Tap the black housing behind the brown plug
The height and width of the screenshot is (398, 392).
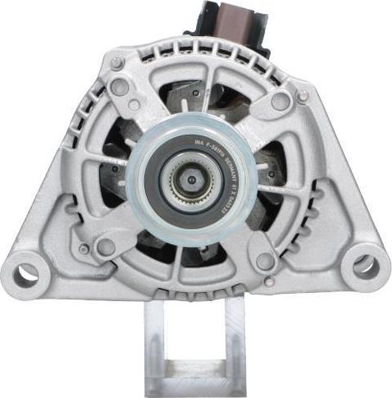tap(197, 25)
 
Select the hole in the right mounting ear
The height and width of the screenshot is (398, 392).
tap(365, 265)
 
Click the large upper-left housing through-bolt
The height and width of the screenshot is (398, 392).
tap(121, 86)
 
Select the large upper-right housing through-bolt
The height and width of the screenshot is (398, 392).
tap(280, 100)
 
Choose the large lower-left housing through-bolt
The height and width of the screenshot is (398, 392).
tap(106, 246)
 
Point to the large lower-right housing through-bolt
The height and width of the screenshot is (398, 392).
tap(264, 261)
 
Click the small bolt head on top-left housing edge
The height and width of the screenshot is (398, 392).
tap(117, 62)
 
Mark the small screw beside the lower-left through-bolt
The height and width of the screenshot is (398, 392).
tap(84, 249)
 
